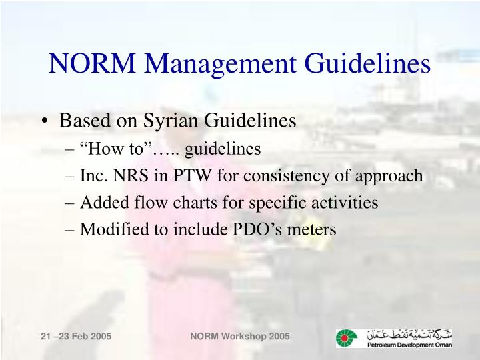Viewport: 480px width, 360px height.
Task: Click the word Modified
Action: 111,229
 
